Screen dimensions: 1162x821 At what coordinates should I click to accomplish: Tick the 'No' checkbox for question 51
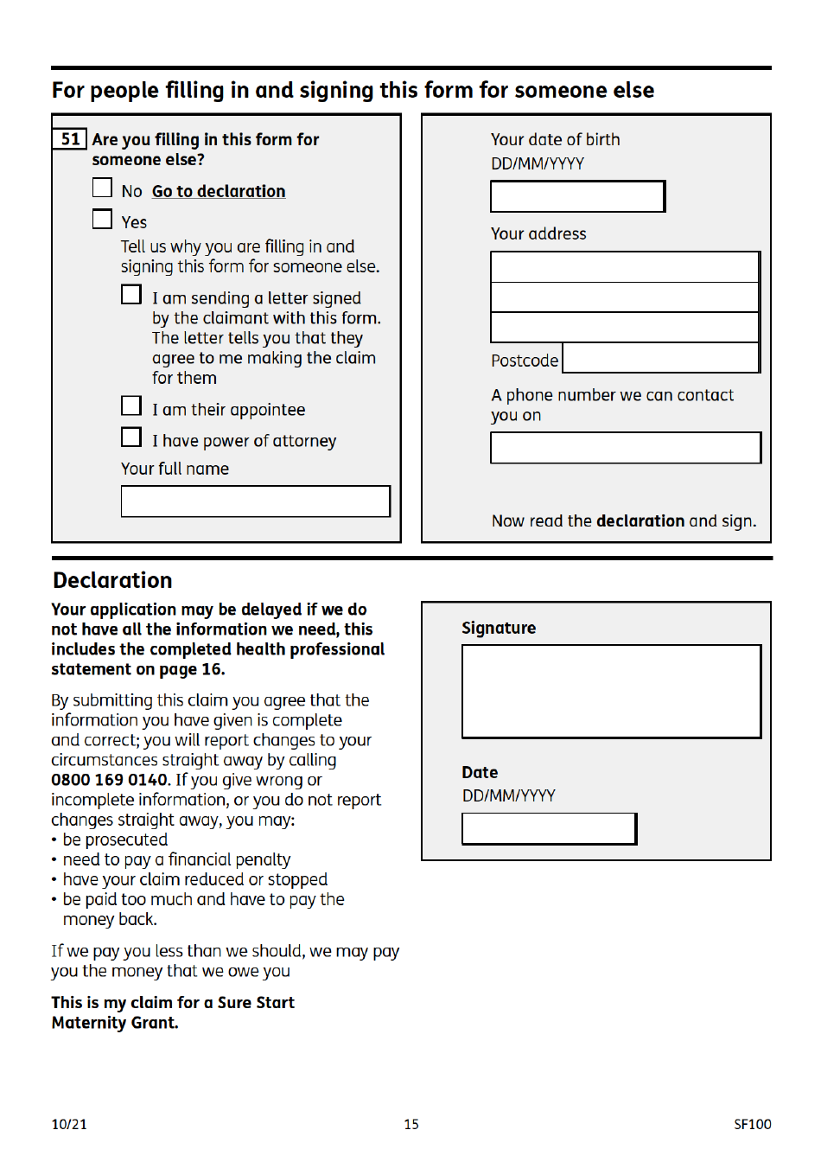point(102,188)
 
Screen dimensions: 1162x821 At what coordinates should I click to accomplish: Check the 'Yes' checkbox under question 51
point(102,220)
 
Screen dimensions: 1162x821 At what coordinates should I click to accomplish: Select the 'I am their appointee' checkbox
point(131,406)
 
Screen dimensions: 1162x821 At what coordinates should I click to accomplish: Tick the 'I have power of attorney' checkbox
point(131,437)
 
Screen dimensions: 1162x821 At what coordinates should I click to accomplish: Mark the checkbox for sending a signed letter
point(131,295)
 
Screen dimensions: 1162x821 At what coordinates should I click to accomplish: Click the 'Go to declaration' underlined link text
point(219,191)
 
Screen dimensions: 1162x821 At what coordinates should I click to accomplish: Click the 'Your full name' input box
point(255,501)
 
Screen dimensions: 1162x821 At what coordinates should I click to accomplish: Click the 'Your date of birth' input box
point(577,196)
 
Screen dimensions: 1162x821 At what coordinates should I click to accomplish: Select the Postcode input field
point(660,358)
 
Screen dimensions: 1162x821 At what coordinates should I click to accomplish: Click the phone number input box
point(626,448)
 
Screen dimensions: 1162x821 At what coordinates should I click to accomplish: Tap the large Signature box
point(611,692)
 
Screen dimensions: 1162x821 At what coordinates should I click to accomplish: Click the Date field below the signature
point(549,829)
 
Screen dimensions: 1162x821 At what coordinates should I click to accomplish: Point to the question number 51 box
point(70,139)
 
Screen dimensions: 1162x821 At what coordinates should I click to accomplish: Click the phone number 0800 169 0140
point(109,780)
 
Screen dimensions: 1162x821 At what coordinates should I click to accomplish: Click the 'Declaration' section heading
point(112,580)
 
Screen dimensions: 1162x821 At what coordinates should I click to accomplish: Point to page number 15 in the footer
point(411,1124)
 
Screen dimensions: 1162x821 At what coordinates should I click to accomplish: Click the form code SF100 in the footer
point(752,1124)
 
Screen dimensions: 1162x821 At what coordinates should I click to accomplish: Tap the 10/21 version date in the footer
point(69,1124)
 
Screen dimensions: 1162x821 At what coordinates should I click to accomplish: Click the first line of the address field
point(625,267)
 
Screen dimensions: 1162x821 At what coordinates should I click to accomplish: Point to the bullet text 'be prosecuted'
point(115,840)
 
